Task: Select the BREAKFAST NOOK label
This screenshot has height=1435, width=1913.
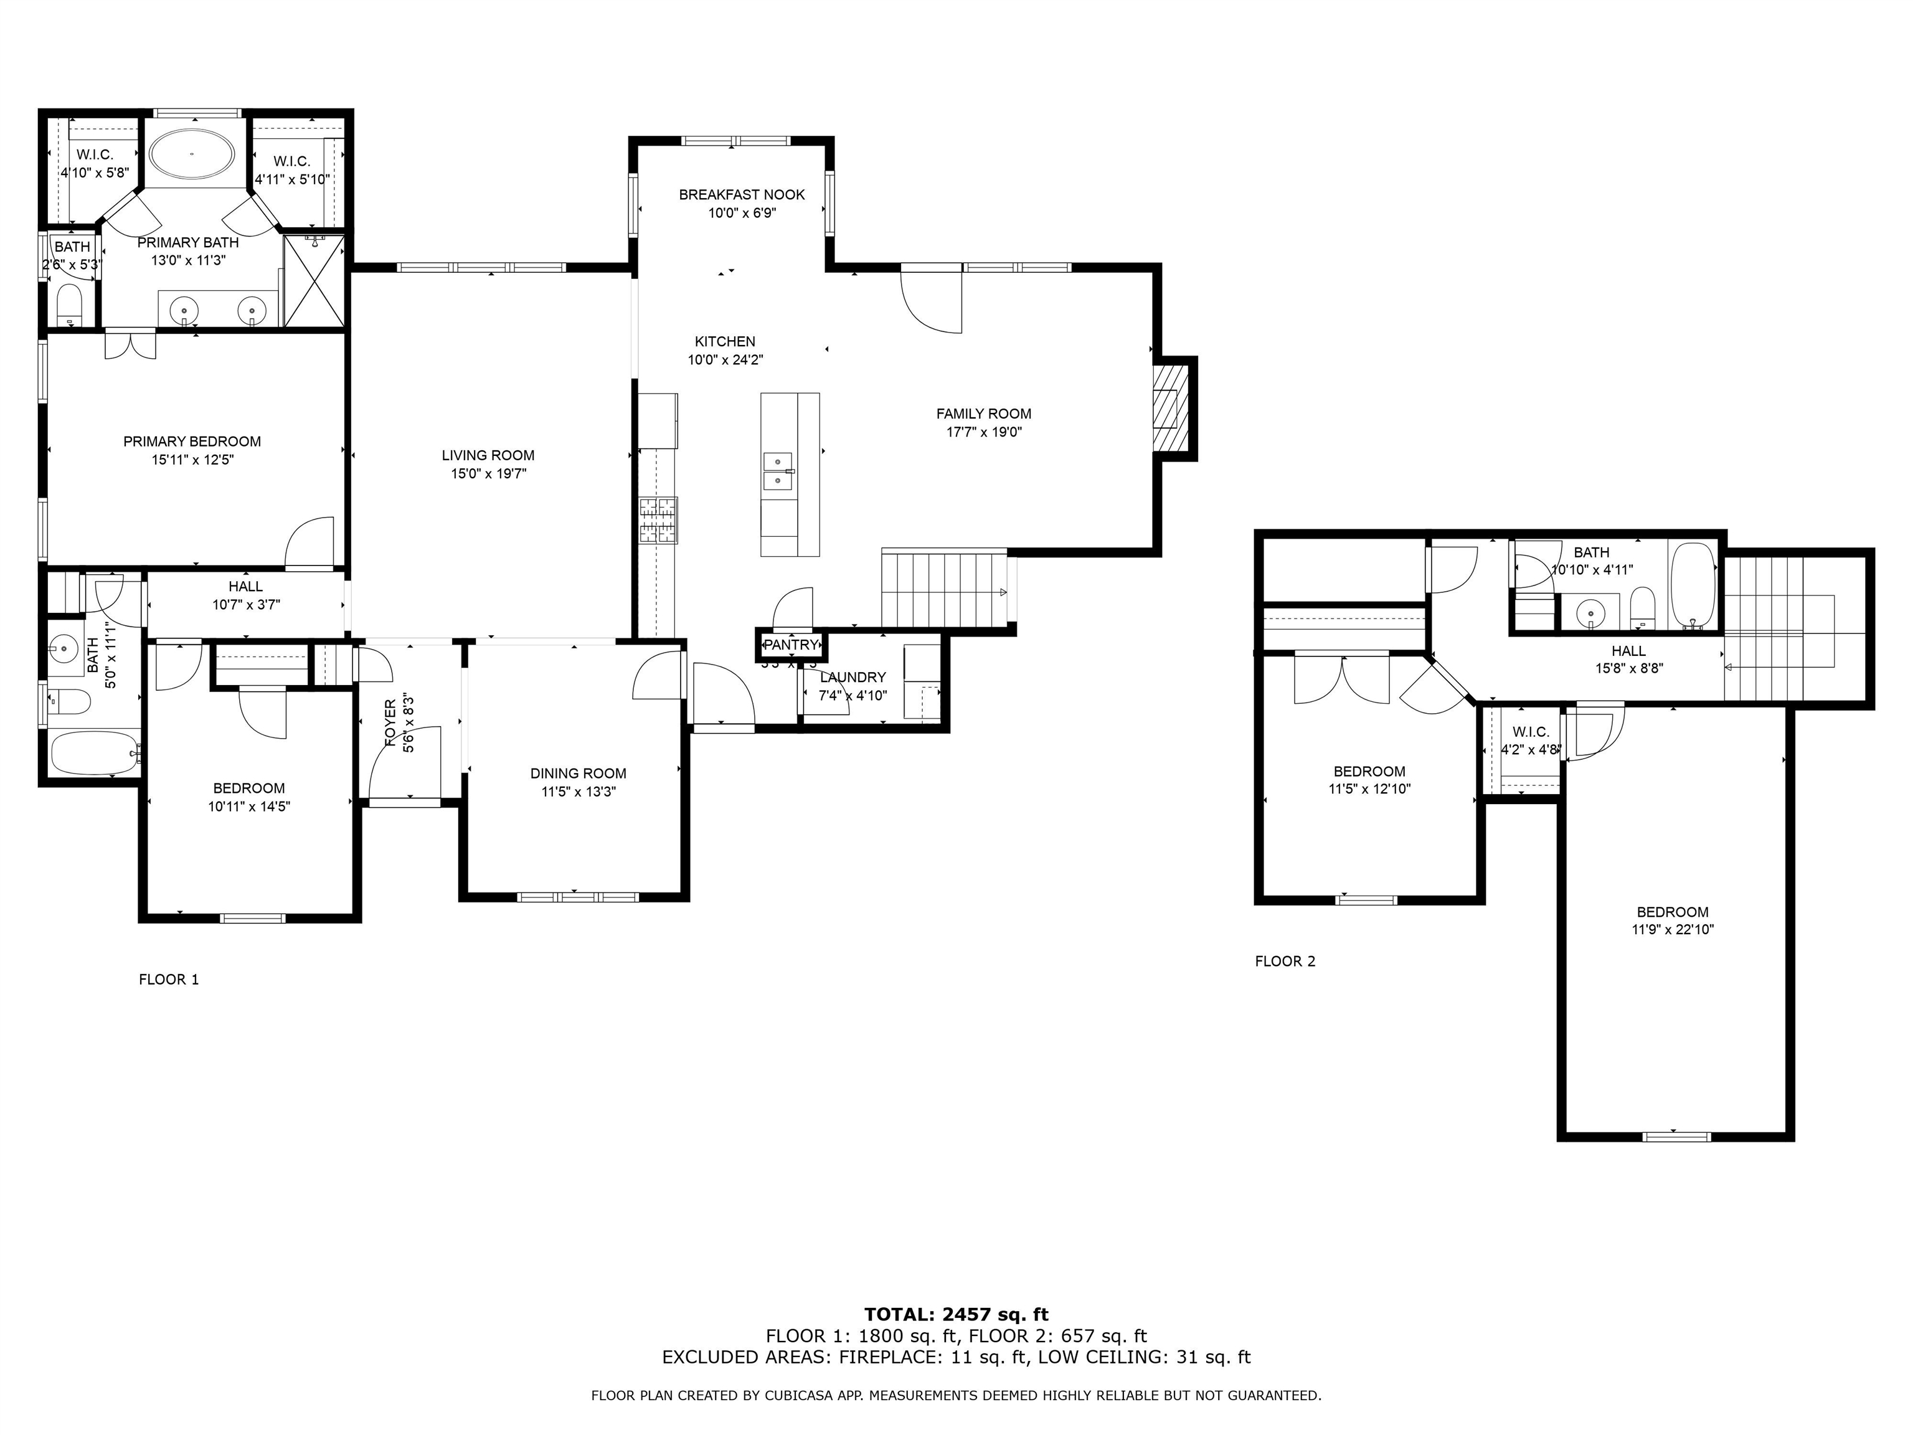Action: tap(741, 194)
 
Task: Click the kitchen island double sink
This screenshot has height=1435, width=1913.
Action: tap(778, 471)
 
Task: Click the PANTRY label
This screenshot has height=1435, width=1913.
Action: tap(790, 645)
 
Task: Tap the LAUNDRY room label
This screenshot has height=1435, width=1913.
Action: tap(853, 677)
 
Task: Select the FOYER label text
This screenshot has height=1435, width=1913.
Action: tap(390, 722)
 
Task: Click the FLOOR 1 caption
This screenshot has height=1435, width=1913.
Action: tap(169, 979)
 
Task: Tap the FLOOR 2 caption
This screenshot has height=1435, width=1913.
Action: tap(1285, 961)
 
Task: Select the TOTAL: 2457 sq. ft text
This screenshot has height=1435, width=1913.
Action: tap(956, 1315)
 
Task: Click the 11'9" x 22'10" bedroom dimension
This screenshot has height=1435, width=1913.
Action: tap(1672, 930)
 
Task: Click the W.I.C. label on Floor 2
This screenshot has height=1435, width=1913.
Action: tap(1531, 732)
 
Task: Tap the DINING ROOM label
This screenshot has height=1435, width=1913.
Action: tap(578, 774)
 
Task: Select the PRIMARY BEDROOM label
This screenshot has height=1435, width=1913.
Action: tap(192, 441)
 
